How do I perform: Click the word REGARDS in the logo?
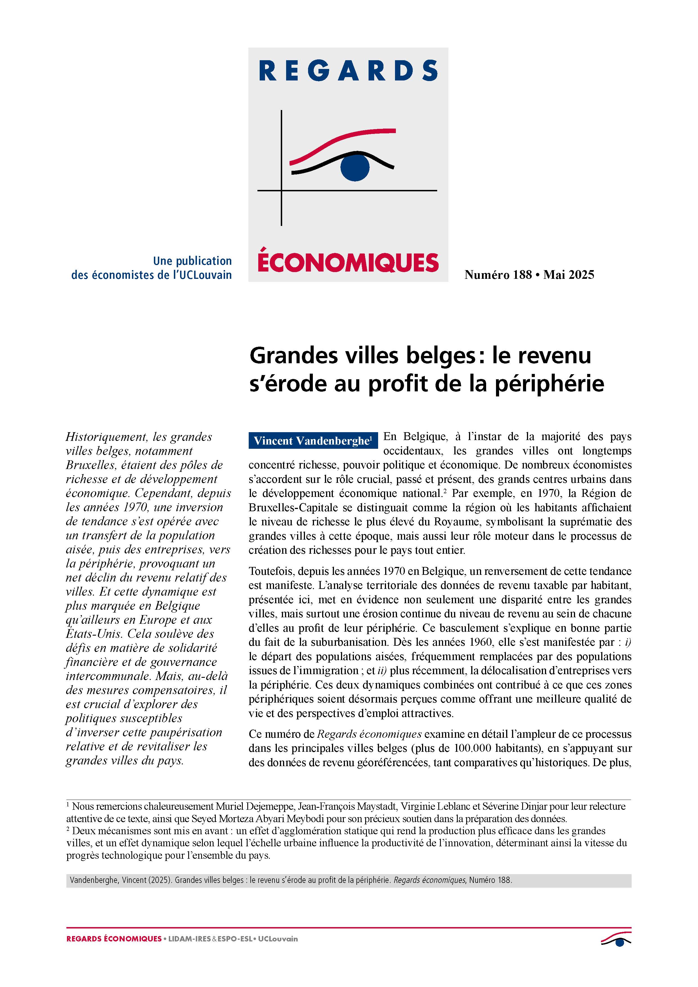(x=348, y=71)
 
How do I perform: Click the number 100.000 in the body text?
(x=472, y=748)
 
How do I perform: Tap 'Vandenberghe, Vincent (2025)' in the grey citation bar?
(x=121, y=880)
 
